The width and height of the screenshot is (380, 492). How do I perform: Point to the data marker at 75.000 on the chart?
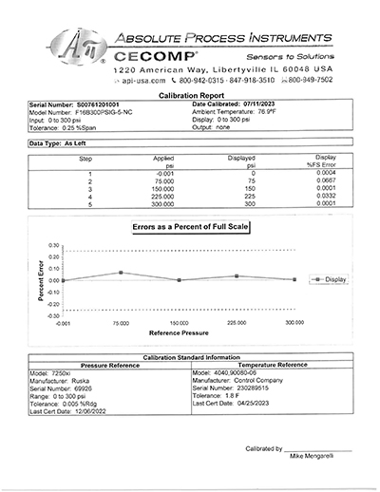(x=121, y=273)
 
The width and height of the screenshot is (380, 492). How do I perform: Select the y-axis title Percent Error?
(x=41, y=282)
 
